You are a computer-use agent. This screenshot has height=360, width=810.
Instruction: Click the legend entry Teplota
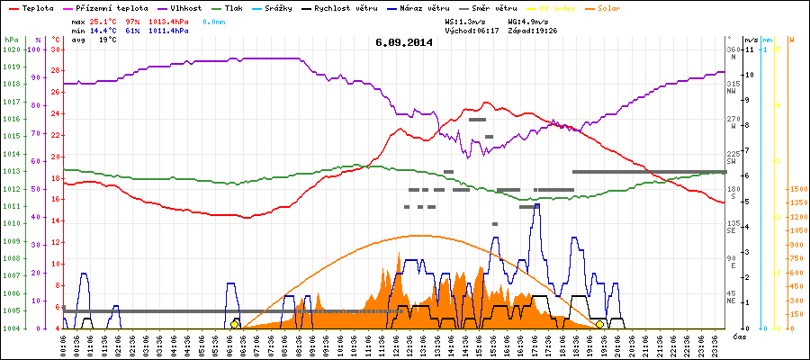coord(37,6)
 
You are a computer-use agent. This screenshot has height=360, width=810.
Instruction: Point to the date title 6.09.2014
coord(404,41)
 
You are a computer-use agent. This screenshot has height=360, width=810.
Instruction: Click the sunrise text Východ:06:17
coord(472,30)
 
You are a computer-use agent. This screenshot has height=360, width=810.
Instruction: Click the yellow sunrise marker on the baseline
coord(235,324)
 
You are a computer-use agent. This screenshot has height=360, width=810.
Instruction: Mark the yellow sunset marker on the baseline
coord(600,324)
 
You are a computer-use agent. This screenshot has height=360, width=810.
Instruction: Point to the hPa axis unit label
coord(10,40)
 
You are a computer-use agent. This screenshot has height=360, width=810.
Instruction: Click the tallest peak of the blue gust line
coord(537,205)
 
